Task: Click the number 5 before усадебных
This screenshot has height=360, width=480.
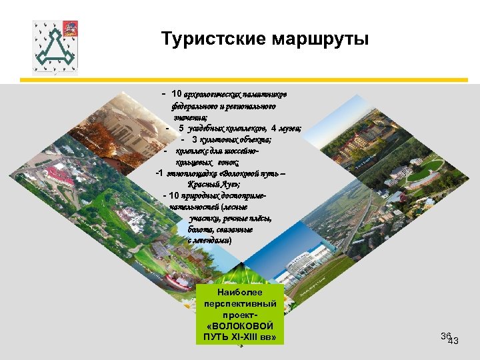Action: (181, 129)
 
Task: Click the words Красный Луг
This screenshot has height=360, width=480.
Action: (213, 184)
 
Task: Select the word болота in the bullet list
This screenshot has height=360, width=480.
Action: (201, 229)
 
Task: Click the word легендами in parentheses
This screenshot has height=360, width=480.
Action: (211, 240)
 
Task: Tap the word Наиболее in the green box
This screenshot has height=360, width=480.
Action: (241, 293)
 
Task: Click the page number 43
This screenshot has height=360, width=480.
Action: (454, 341)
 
